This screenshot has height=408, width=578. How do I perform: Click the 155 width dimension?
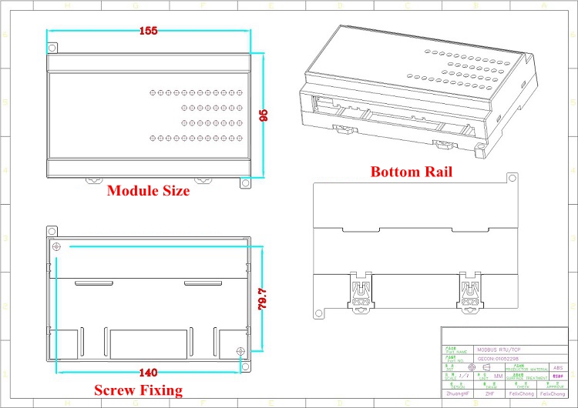[149, 31]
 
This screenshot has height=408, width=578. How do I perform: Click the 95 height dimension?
[264, 115]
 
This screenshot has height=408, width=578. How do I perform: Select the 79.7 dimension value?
[261, 298]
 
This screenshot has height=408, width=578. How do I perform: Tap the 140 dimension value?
[149, 373]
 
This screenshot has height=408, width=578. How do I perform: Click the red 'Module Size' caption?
[148, 191]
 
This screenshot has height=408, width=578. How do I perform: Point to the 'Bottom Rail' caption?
[411, 172]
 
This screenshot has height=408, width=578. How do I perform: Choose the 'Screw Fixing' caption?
[138, 390]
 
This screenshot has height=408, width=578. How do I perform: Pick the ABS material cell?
[559, 368]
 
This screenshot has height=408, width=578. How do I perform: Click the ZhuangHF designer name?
[459, 393]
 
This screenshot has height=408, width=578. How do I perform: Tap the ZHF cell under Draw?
[490, 393]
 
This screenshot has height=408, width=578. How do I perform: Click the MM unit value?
[498, 376]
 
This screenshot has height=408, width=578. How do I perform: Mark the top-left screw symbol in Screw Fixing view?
[56, 246]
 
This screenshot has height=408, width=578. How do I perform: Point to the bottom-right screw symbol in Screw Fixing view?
[240, 352]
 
